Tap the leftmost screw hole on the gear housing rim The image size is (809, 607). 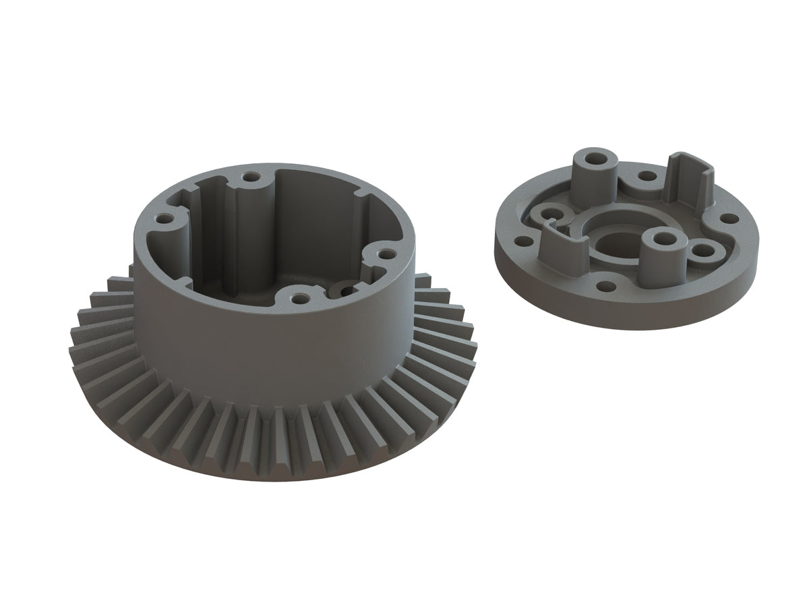click(x=164, y=219)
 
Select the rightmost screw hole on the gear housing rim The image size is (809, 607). click(x=387, y=254)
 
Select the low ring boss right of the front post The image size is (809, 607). click(x=702, y=252)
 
